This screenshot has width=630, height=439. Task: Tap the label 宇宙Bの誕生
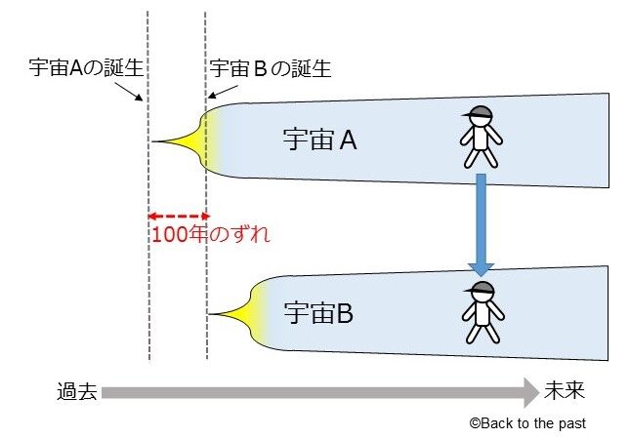pyautogui.click(x=271, y=70)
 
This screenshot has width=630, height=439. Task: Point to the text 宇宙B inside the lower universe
pyautogui.click(x=318, y=314)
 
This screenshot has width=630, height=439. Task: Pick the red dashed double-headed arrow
pyautogui.click(x=177, y=216)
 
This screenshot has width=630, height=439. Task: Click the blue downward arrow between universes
pyautogui.click(x=481, y=219)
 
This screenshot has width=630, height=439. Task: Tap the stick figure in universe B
pyautogui.click(x=481, y=312)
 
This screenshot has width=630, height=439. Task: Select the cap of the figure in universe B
pyautogui.click(x=482, y=287)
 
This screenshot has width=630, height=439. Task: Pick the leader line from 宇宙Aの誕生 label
pyautogui.click(x=132, y=89)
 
